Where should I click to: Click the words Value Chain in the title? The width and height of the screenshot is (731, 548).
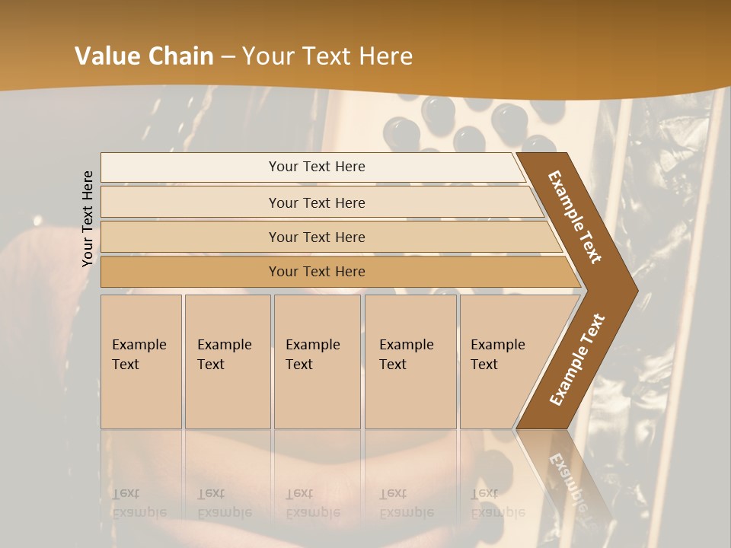tap(144, 56)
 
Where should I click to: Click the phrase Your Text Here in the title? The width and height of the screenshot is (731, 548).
tap(327, 56)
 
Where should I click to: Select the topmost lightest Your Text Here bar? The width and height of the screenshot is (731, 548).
tap(317, 167)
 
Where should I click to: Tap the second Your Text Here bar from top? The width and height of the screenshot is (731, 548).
tap(317, 202)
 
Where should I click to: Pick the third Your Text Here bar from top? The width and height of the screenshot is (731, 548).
tap(317, 237)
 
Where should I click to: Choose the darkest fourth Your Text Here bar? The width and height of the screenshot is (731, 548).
tap(317, 272)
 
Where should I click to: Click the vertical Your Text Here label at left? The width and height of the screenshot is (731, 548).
tap(88, 218)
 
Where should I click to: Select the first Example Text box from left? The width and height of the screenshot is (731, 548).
tap(141, 361)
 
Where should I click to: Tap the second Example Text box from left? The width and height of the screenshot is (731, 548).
tap(227, 361)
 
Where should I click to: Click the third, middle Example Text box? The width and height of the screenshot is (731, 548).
tap(317, 361)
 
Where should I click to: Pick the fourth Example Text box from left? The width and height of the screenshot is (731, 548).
tap(410, 361)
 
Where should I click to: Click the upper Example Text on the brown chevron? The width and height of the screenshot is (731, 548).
tap(575, 217)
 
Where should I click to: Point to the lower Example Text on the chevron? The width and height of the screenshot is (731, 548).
tap(577, 359)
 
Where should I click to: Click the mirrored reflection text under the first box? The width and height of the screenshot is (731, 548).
tap(139, 503)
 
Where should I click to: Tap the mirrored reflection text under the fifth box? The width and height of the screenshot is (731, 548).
tap(498, 503)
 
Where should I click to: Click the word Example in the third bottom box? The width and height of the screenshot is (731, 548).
tap(312, 345)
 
